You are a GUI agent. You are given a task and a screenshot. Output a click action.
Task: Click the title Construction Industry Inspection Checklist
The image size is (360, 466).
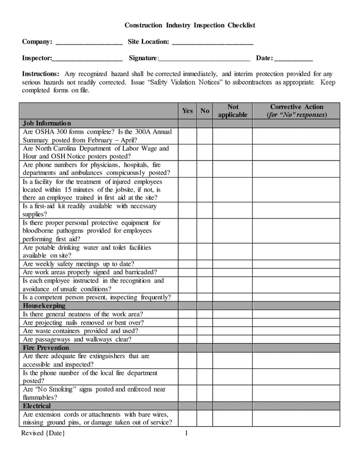point(190,25)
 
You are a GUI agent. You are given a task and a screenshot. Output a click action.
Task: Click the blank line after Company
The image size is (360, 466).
point(89,42)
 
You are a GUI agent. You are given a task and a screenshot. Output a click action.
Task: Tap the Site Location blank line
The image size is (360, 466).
point(212,42)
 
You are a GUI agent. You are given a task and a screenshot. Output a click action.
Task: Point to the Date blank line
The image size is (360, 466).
point(293,59)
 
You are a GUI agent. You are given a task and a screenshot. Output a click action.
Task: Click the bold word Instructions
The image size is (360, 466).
point(40,74)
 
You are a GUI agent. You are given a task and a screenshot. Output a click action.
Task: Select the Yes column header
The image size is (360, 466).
point(188,111)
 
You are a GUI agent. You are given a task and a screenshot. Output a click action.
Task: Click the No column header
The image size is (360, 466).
point(205,111)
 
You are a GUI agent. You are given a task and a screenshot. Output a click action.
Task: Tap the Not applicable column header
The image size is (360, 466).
point(233,111)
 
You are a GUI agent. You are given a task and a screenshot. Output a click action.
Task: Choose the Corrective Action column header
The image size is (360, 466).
point(296,111)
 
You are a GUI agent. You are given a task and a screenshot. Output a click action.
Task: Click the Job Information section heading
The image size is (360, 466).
point(47,124)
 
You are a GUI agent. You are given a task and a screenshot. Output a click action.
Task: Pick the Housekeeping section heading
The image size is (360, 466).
point(44,306)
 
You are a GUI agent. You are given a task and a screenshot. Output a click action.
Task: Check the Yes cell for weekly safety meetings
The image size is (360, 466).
point(188,264)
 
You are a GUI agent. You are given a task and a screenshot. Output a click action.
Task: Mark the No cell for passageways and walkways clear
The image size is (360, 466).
point(205,340)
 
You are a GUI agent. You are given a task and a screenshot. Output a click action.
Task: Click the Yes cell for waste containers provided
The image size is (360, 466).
point(188,331)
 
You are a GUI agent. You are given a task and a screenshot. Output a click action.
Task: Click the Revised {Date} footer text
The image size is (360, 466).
point(44,433)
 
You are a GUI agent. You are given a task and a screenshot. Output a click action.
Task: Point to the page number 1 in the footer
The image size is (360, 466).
point(186,433)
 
